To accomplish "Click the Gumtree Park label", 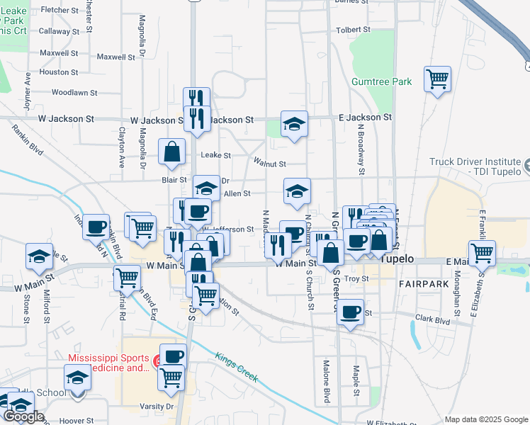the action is (382, 82).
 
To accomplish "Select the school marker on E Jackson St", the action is (294, 124).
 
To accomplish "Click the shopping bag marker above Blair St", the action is (172, 152).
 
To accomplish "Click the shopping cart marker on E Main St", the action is (482, 252).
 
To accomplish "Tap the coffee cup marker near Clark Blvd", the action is (350, 312).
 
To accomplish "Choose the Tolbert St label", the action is (354, 30).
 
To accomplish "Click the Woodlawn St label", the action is (74, 93).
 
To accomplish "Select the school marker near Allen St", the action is (297, 191).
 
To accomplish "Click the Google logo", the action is (23, 416).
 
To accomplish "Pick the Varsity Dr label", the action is (159, 407).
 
